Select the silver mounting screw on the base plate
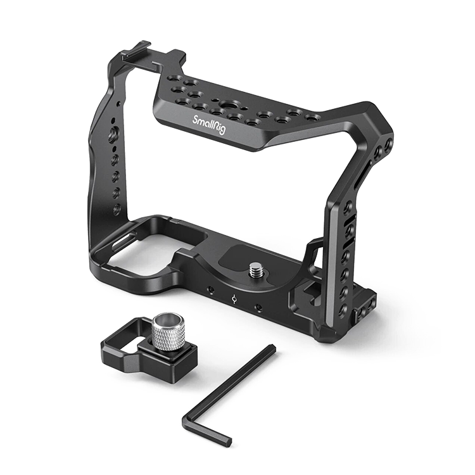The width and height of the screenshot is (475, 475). click(256, 270)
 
